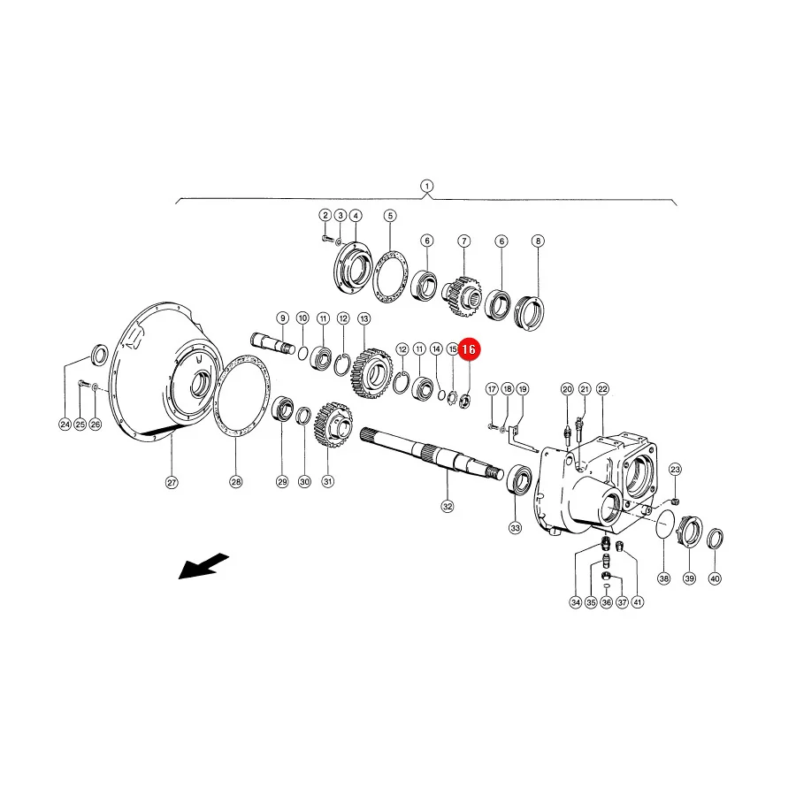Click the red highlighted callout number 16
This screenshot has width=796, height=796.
[x=469, y=349]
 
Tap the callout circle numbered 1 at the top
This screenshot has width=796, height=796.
[x=427, y=186]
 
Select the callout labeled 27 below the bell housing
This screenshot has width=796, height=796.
[x=172, y=482]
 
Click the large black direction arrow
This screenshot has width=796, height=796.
[x=203, y=565]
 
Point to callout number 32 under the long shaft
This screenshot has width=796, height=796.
[x=448, y=506]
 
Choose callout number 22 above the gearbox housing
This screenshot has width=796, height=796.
[x=602, y=389]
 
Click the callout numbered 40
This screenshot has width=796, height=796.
[x=715, y=578]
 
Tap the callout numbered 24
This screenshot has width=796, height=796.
[x=65, y=424]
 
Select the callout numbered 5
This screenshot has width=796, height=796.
[x=390, y=216]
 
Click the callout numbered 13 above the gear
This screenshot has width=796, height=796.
[x=364, y=318]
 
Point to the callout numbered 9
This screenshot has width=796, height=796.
[x=282, y=318]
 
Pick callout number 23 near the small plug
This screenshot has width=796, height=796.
[x=675, y=469]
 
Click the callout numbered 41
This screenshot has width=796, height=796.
[x=637, y=602]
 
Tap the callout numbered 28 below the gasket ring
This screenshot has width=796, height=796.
[x=236, y=482]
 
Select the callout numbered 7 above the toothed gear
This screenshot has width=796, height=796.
[x=464, y=241]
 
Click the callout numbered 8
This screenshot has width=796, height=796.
[x=538, y=241]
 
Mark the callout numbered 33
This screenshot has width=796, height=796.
[x=516, y=528]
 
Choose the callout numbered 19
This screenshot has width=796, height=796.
[x=523, y=389]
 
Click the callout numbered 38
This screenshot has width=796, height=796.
[x=664, y=578]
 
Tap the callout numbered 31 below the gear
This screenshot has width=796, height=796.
[x=328, y=482]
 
